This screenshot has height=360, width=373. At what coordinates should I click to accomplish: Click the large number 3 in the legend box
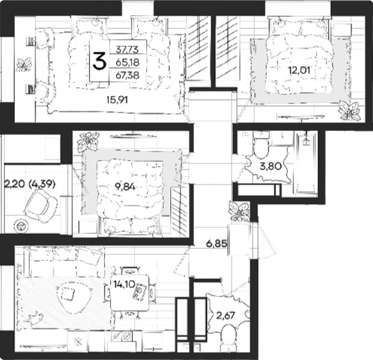click(99, 61)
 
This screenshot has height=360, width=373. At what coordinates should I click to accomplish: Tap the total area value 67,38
click(128, 76)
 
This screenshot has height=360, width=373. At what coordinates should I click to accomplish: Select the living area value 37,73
click(127, 50)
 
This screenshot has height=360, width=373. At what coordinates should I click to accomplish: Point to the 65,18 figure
click(128, 63)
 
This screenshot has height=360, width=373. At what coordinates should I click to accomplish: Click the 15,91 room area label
click(117, 100)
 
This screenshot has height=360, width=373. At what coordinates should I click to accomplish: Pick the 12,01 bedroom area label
click(299, 70)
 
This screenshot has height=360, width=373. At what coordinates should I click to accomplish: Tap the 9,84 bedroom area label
click(125, 187)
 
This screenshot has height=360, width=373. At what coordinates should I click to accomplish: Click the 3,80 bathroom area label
click(271, 166)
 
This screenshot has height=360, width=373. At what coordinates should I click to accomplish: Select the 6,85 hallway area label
click(217, 243)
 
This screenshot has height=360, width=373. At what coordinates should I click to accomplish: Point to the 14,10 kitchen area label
click(124, 284)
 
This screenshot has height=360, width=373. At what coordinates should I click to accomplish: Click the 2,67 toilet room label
click(226, 316)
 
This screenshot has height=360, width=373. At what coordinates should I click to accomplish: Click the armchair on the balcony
click(41, 206)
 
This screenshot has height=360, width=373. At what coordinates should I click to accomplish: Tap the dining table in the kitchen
click(130, 292)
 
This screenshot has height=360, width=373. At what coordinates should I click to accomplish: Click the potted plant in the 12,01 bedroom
click(350, 110)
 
